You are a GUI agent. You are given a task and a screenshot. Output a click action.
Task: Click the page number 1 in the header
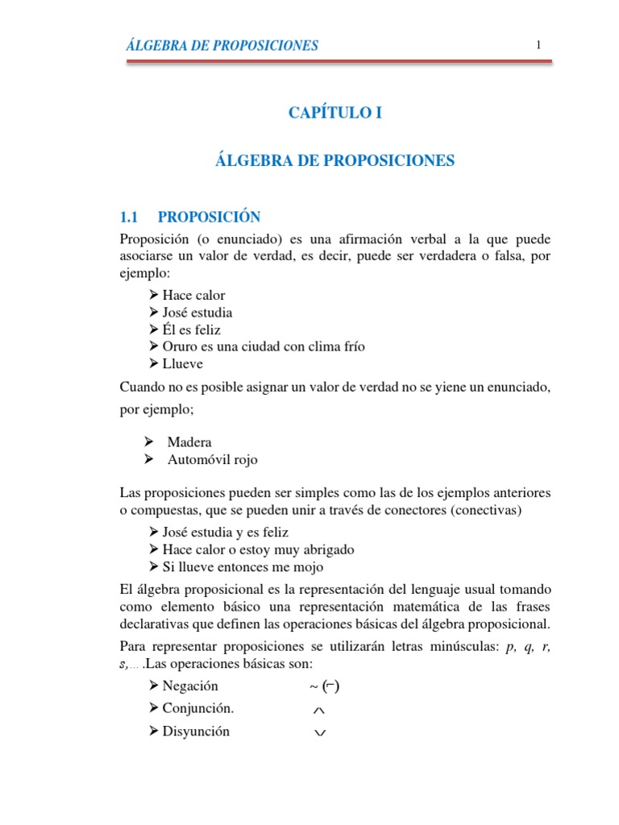point(538,44)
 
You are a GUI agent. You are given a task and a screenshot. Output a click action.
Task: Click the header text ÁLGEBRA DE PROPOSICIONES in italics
point(222,45)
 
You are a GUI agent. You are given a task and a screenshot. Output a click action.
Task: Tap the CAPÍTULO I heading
point(334,114)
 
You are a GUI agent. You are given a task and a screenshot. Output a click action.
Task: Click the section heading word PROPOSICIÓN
point(209,217)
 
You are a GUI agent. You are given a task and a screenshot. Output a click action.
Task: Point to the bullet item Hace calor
point(193,295)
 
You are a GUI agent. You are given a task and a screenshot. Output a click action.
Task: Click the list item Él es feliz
point(191,330)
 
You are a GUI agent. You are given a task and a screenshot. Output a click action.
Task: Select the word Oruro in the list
point(179,346)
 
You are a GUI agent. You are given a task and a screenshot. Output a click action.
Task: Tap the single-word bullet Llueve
point(183,363)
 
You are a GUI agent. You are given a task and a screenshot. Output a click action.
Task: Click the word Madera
point(189,442)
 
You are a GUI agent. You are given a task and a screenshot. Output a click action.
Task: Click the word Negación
point(190,686)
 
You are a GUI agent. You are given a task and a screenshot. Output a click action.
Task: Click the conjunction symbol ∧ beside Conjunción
point(318,711)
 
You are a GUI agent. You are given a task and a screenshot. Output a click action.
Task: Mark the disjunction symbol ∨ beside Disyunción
point(319,732)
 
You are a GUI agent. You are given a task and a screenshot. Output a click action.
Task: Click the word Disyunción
point(196,732)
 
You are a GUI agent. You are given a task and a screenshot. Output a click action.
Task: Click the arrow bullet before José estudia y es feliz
point(155,533)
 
